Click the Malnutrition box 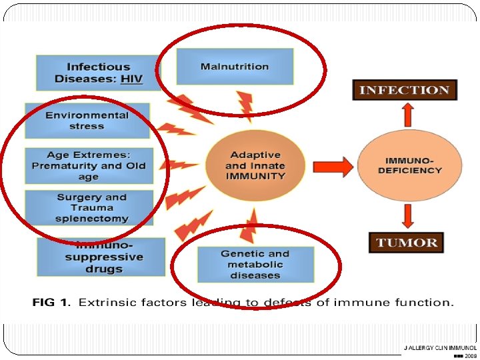235,67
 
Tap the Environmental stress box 87,120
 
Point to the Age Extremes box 88,165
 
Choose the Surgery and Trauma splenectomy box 91,207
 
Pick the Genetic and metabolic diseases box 255,264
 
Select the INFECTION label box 405,90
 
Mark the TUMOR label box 407,242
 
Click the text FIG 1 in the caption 50,303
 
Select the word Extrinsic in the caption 103,303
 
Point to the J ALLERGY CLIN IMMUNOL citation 440,348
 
